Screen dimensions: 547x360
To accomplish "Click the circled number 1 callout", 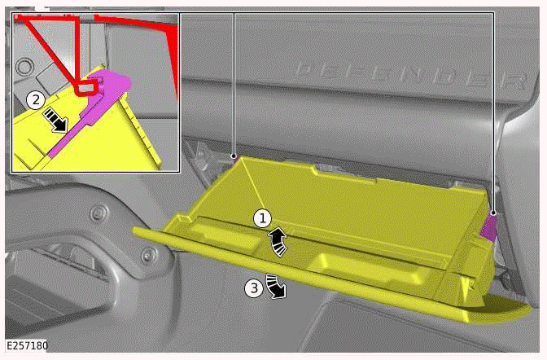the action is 262,218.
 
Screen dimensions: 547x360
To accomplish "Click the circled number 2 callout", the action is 36,100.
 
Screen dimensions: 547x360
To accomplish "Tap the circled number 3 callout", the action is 254,288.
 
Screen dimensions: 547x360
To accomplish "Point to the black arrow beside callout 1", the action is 278,241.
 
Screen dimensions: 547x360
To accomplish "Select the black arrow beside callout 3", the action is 276,287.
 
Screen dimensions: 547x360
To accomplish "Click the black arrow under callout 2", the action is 56,120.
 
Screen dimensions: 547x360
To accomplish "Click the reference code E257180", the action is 27,345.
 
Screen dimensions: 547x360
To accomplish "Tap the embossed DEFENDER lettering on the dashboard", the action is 412,75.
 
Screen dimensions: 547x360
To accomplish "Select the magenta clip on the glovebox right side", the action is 489,227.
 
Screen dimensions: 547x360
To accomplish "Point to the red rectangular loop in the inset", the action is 86,88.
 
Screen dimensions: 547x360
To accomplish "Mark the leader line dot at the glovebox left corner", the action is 234,156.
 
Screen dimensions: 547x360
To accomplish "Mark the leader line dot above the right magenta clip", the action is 493,213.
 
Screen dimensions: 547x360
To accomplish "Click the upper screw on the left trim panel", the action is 95,213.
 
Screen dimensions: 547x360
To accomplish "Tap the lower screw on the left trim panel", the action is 147,255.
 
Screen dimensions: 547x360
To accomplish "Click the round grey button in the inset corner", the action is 24,66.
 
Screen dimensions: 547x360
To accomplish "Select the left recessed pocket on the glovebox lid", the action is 223,233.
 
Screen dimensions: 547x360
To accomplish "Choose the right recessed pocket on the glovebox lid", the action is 370,267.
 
